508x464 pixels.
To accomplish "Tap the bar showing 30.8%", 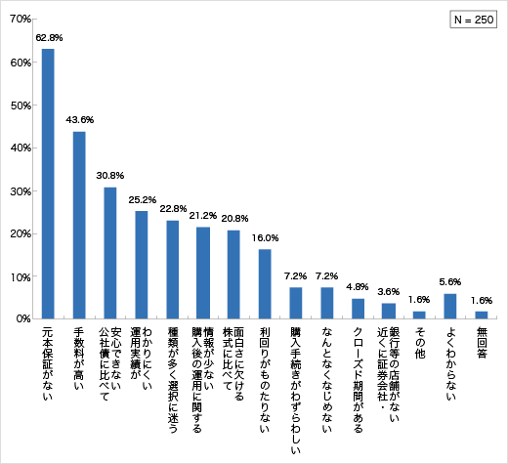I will [x=109, y=252].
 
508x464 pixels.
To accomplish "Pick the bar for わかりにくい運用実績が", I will [x=141, y=265].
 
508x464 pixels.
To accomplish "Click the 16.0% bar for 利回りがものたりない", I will [x=265, y=284].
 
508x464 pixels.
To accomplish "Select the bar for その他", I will [x=418, y=315].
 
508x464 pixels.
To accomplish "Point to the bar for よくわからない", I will [x=449, y=307].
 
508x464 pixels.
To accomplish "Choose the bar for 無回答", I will [x=481, y=315].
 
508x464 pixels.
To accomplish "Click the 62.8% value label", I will [x=49, y=37].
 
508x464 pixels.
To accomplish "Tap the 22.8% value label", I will [x=173, y=208].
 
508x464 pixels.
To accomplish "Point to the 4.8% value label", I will [x=358, y=286].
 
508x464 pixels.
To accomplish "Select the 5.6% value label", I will [x=449, y=282].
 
